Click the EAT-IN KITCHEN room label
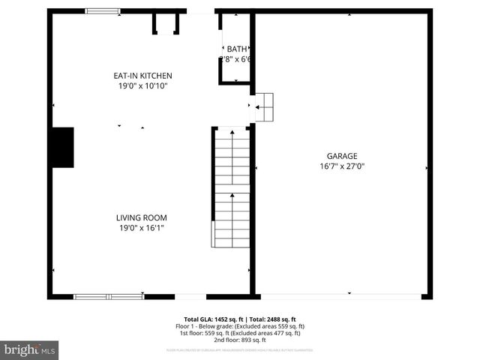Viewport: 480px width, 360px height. pyautogui.click(x=142, y=76)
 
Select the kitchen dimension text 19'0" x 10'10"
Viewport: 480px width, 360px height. pyautogui.click(x=142, y=85)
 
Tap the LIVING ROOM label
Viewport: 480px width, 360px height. pyautogui.click(x=141, y=217)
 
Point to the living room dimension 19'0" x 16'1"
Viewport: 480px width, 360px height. pyautogui.click(x=141, y=227)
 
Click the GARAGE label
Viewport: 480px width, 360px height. pyautogui.click(x=341, y=156)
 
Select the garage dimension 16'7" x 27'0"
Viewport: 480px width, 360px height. pyautogui.click(x=341, y=166)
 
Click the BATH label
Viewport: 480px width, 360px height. pyautogui.click(x=236, y=49)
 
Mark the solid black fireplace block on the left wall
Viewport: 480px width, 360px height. pyautogui.click(x=62, y=147)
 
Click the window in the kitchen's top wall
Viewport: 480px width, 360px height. pyautogui.click(x=102, y=11)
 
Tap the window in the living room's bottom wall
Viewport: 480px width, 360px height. pyautogui.click(x=109, y=297)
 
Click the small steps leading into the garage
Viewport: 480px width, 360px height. pyautogui.click(x=264, y=106)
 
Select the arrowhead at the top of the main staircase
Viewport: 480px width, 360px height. pyautogui.click(x=232, y=133)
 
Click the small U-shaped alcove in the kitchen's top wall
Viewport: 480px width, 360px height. pyautogui.click(x=166, y=25)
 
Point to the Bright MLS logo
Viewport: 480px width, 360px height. pyautogui.click(x=30, y=349)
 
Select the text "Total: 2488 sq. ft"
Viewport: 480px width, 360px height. pyautogui.click(x=268, y=319)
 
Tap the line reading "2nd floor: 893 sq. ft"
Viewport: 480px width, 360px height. pyautogui.click(x=240, y=340)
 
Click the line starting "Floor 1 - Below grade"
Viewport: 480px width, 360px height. pyautogui.click(x=240, y=326)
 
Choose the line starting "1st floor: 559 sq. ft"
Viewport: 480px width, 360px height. pyautogui.click(x=240, y=333)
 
